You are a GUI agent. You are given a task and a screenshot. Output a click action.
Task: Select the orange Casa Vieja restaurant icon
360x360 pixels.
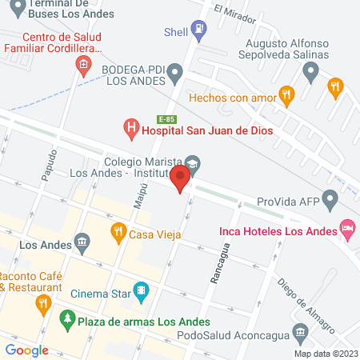[118, 234]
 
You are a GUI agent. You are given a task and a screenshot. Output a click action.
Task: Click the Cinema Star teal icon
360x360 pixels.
[141, 289]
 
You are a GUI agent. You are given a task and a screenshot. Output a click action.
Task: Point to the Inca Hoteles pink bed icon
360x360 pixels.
[347, 230]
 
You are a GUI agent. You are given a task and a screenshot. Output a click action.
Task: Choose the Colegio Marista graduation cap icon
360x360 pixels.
[192, 162]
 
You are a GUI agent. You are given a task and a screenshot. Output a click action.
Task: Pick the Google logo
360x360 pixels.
[27, 350]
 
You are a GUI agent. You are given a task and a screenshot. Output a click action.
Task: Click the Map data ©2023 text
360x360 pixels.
[325, 354]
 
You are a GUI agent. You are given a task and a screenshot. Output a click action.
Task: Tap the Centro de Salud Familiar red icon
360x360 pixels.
[82, 64]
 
